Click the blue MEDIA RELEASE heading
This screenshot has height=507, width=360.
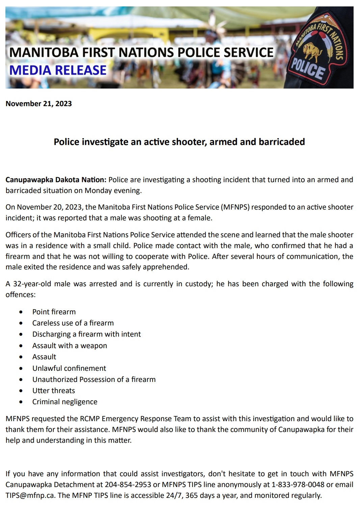(58, 70)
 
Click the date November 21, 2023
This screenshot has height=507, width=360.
(38, 103)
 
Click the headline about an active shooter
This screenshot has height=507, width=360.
(179, 142)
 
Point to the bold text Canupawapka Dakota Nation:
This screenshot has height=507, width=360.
(56, 179)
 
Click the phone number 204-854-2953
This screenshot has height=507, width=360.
(128, 484)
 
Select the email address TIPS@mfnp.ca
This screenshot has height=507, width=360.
(30, 495)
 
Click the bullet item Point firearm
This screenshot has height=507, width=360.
(54, 312)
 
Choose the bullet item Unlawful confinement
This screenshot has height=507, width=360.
(69, 368)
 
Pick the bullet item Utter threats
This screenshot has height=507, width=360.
(54, 390)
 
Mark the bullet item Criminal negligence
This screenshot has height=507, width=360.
(65, 402)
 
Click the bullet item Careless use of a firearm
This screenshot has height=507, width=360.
(73, 323)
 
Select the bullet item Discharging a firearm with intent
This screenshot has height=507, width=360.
(86, 334)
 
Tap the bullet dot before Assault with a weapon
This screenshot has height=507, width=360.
(21, 346)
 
